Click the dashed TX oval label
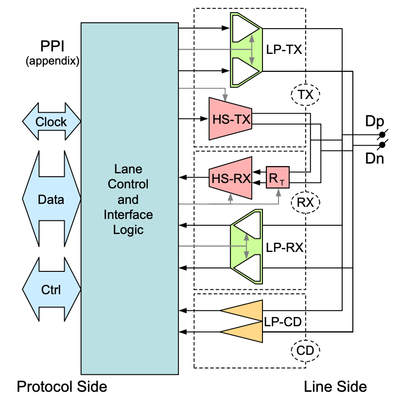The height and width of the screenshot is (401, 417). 305,95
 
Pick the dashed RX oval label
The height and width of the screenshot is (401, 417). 305,202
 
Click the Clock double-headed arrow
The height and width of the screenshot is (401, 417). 51,121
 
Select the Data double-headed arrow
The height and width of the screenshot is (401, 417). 51,199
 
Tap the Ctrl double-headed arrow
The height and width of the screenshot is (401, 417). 51,290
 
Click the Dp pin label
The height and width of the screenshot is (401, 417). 374,121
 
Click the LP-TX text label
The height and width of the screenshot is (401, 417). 284,50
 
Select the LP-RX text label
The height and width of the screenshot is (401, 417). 284,247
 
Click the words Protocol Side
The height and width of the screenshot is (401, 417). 62,386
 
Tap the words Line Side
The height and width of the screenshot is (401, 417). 335,386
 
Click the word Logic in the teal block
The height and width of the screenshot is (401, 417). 128,229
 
